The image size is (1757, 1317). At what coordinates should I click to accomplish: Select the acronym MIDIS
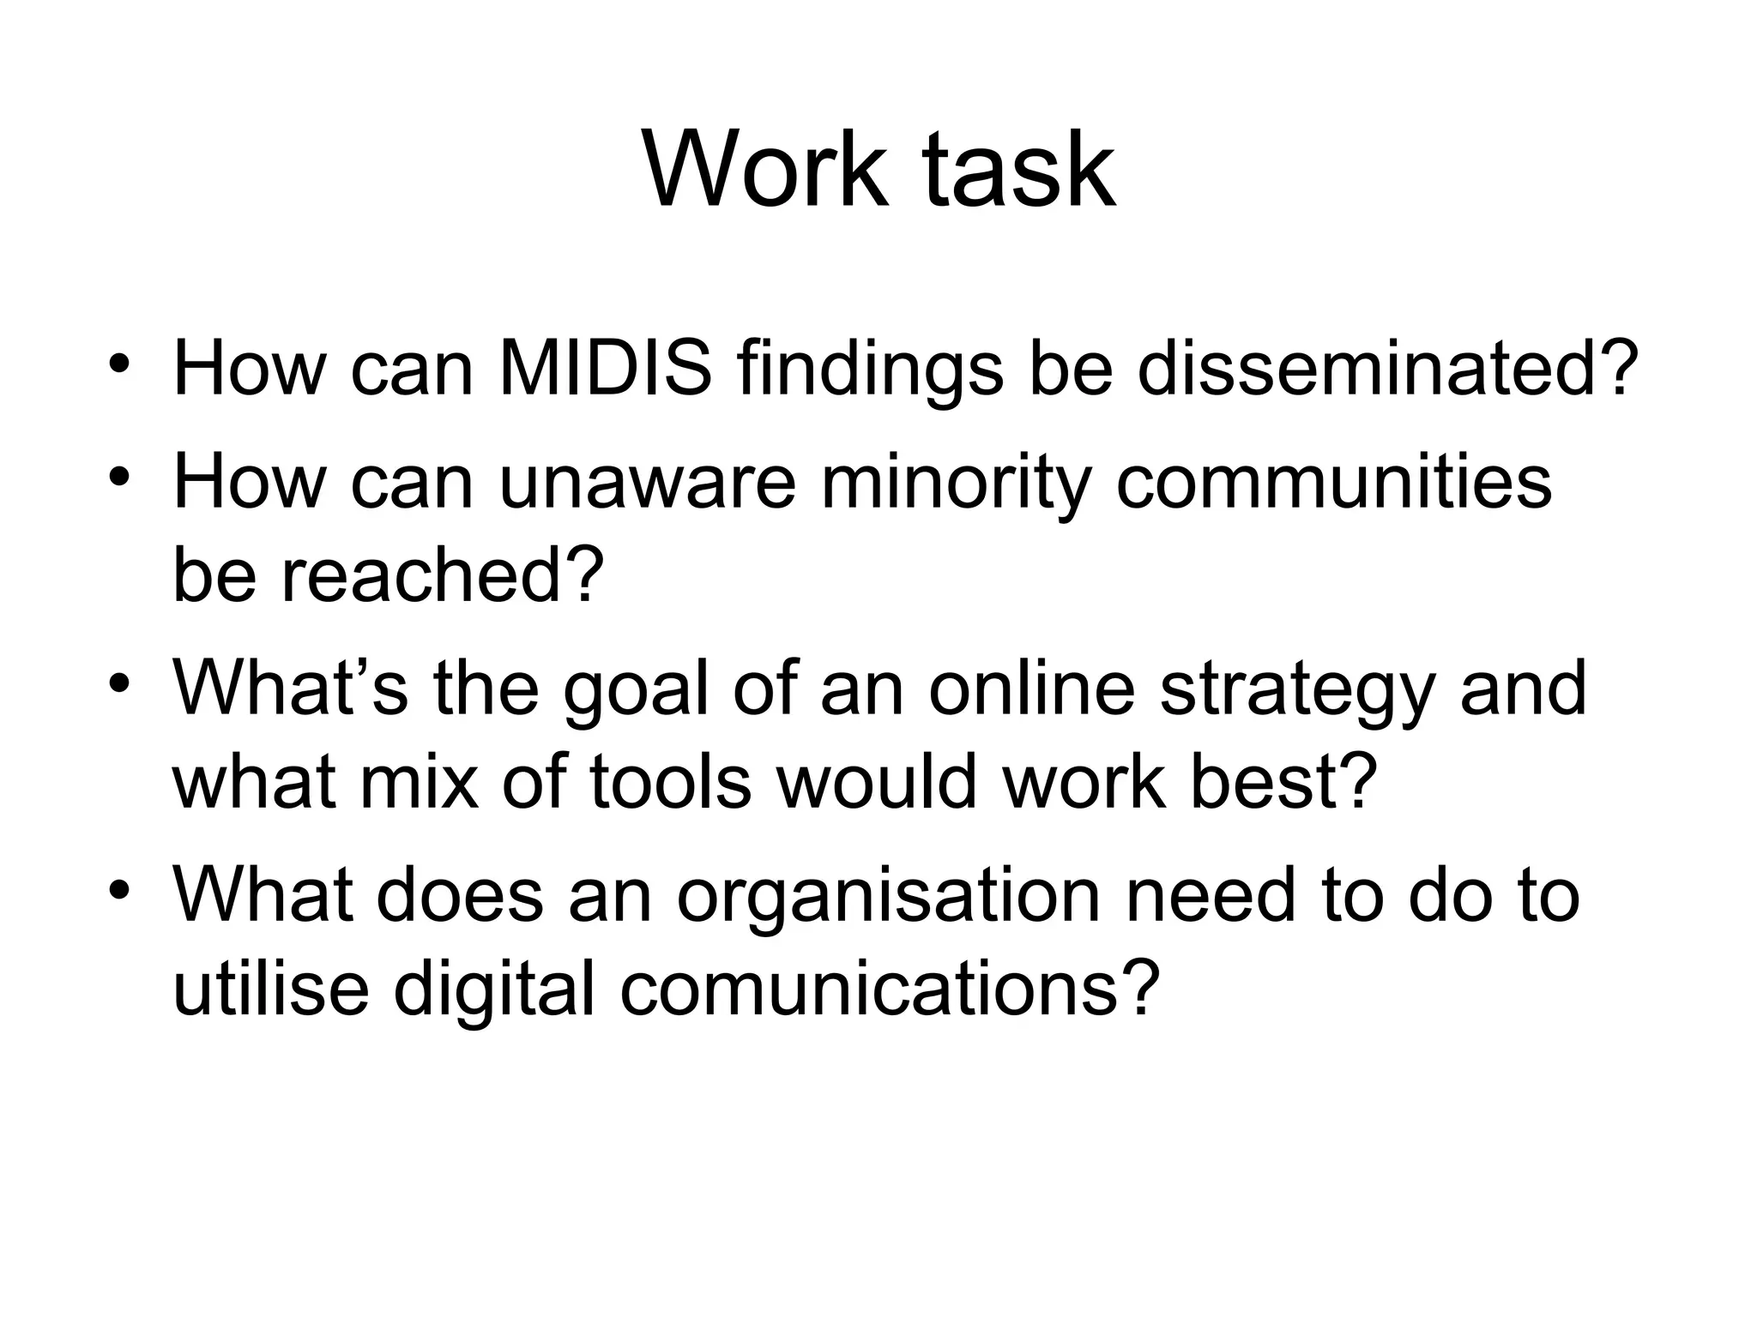tap(605, 370)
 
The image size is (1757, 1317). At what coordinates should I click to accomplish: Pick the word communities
tap(1334, 483)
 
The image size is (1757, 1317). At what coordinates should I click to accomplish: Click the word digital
tap(494, 989)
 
